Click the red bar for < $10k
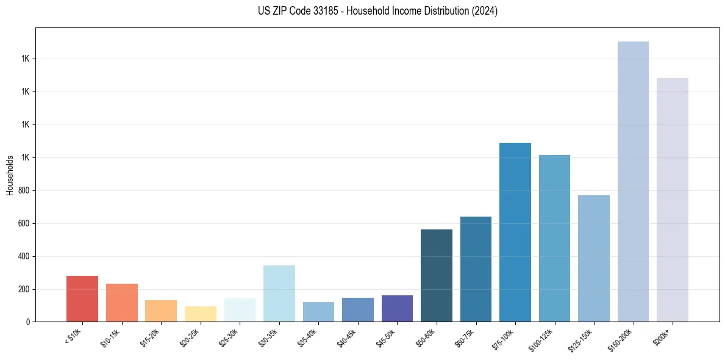(82, 298)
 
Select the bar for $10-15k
(121, 303)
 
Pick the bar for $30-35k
(279, 293)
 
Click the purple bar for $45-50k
(397, 308)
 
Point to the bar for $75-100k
(515, 232)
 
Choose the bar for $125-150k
(594, 258)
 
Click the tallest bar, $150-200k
(633, 181)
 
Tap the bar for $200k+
(673, 200)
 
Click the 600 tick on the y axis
(24, 223)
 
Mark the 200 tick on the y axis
(24, 289)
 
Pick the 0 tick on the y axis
(29, 322)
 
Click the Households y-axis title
(10, 175)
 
